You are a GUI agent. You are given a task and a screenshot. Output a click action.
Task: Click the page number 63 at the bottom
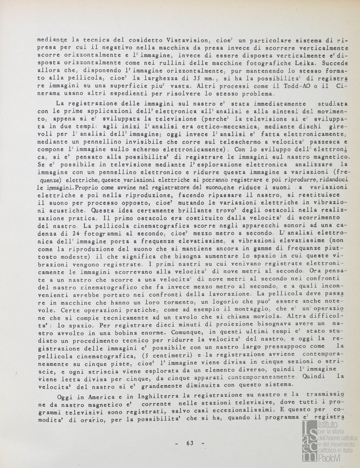click(x=189, y=443)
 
